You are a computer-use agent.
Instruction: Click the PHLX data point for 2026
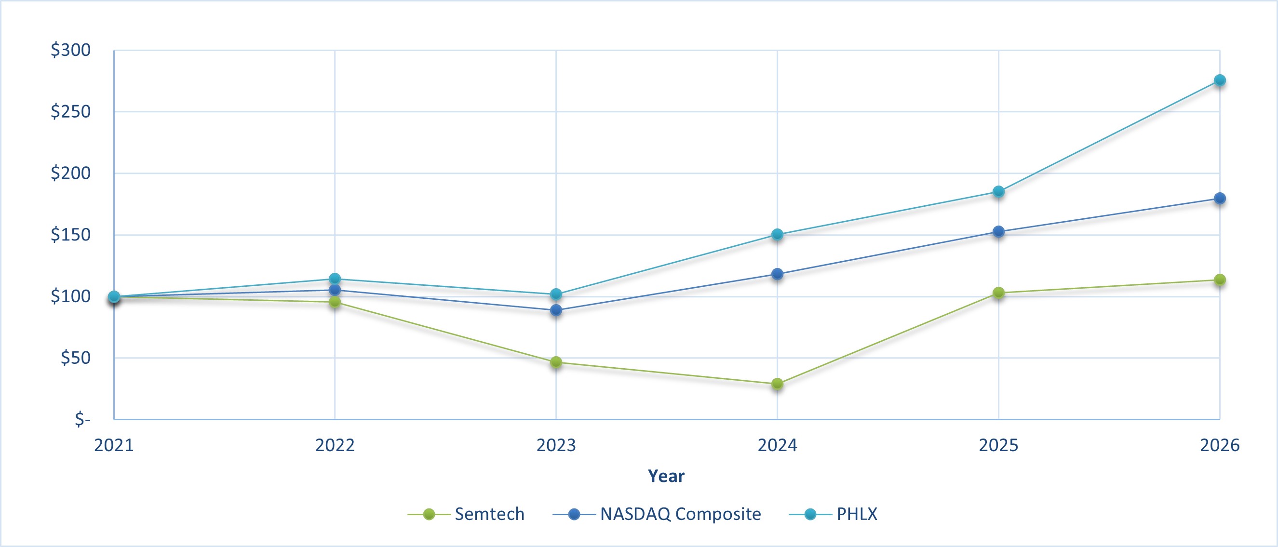click(x=1220, y=80)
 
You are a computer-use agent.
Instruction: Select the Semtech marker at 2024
click(x=778, y=384)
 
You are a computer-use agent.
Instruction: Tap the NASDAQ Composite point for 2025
click(x=999, y=232)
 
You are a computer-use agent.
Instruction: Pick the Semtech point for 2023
click(x=556, y=362)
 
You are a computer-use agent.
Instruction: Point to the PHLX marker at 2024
click(x=778, y=235)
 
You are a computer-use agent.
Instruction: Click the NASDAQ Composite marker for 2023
click(x=556, y=310)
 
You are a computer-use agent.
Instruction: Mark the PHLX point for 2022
click(x=335, y=279)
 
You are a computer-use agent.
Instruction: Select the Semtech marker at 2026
click(x=1220, y=280)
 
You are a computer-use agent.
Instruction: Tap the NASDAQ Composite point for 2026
click(x=1220, y=199)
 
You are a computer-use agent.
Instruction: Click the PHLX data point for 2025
click(x=999, y=191)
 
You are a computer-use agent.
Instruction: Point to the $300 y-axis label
click(x=71, y=50)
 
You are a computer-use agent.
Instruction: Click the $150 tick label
click(x=71, y=235)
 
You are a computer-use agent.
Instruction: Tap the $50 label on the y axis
click(x=75, y=358)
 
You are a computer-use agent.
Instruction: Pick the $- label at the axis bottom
click(x=82, y=420)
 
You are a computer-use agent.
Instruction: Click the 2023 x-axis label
click(x=556, y=445)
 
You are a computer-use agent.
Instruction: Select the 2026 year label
click(x=1220, y=445)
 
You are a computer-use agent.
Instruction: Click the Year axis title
click(x=666, y=476)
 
